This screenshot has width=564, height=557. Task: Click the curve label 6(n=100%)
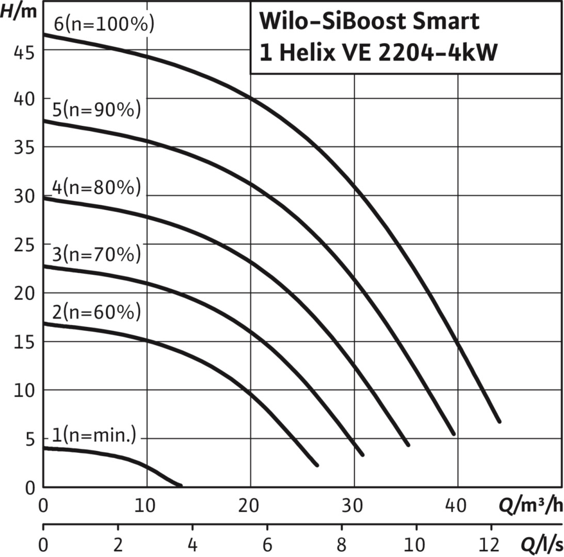104,24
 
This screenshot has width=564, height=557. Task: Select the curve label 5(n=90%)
97,110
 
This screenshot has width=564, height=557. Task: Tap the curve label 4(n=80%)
96,187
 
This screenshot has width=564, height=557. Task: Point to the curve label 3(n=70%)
96,254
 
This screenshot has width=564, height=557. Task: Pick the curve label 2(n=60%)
96,313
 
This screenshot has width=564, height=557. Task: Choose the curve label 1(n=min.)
94,436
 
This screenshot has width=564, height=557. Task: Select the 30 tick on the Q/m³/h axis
354,506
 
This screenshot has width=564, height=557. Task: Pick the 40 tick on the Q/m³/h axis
456,506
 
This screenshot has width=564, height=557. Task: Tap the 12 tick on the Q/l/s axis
490,545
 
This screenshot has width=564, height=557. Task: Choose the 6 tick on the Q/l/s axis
267,545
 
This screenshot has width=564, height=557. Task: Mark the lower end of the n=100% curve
499,421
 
